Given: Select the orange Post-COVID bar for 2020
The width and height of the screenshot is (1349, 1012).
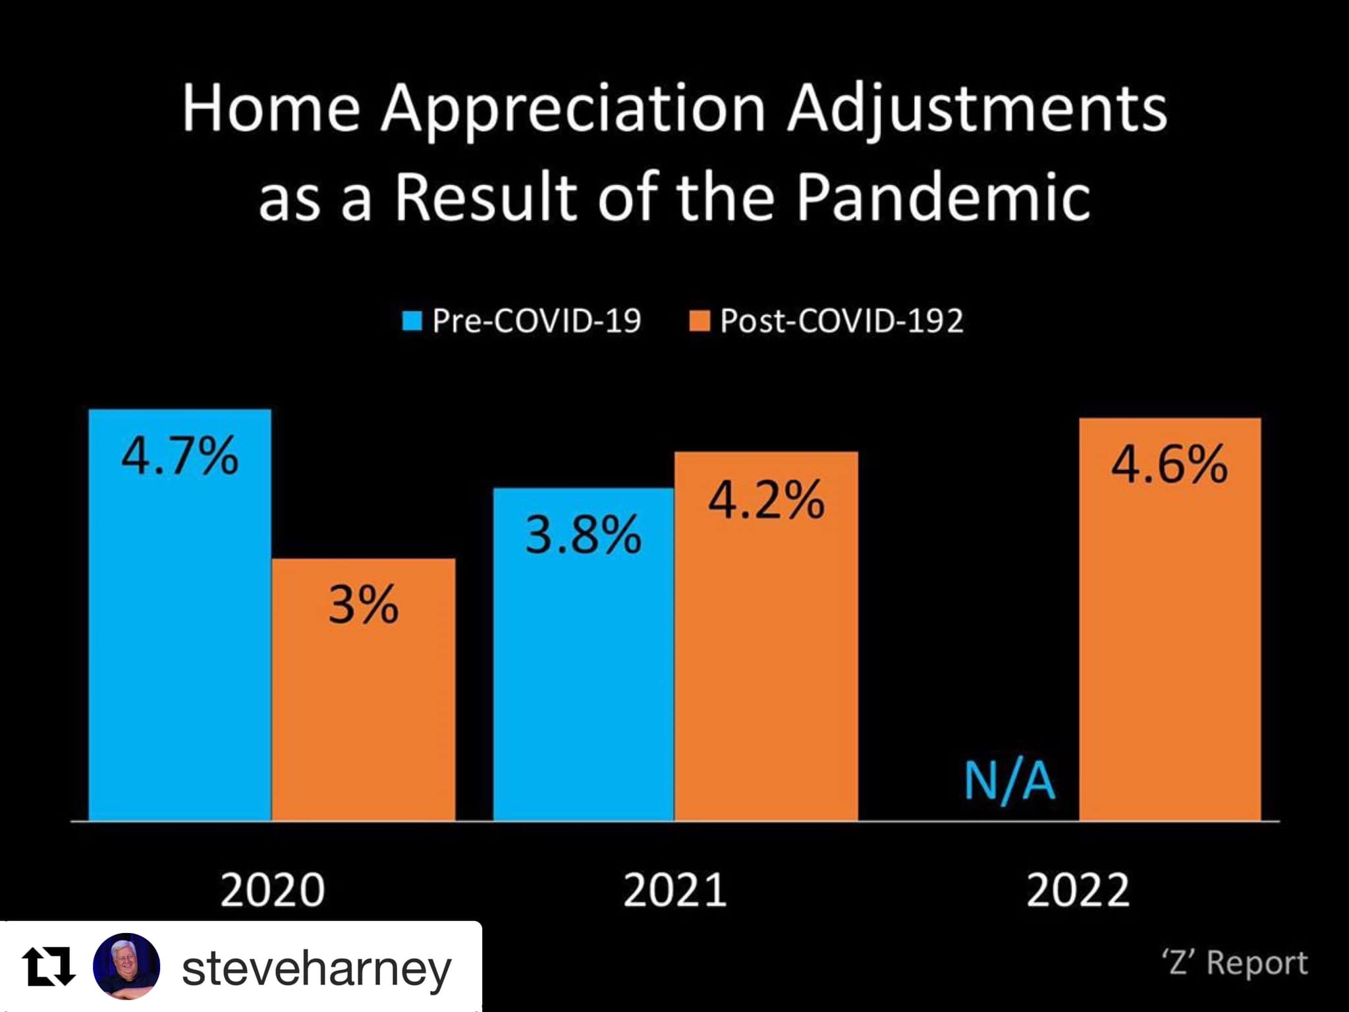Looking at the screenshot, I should (x=364, y=712).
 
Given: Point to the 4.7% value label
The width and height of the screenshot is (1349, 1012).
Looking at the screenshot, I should (x=180, y=456).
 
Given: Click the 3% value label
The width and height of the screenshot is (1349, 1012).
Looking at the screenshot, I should (x=364, y=604).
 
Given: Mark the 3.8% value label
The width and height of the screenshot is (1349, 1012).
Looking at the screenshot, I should (x=584, y=534).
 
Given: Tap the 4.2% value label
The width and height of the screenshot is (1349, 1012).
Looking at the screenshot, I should (x=766, y=500).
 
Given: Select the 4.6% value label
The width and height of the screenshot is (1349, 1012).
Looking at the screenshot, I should (x=1170, y=464).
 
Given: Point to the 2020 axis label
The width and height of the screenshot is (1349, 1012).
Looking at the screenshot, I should (x=272, y=890).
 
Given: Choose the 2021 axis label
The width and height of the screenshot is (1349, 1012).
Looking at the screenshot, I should (x=675, y=890).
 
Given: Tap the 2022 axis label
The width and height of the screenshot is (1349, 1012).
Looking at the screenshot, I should (x=1078, y=890).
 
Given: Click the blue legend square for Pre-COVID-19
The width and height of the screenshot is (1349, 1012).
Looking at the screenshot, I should (x=412, y=322).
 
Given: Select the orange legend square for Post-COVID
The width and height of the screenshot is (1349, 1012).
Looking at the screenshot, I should (x=700, y=322).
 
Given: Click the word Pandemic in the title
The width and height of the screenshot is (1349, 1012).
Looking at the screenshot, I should (x=943, y=197).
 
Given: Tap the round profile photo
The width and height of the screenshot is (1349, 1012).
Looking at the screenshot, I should (x=126, y=967).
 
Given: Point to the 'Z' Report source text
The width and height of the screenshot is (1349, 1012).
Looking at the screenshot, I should (x=1235, y=963).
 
